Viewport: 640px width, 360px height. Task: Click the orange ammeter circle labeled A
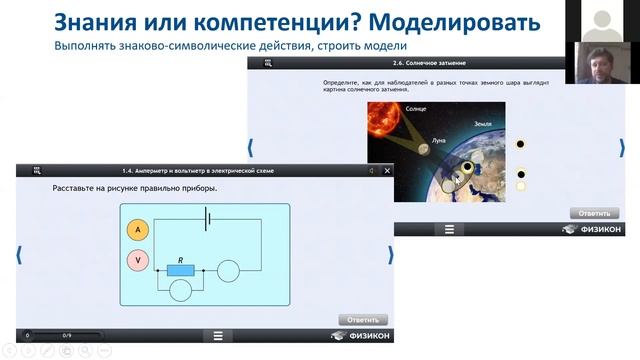pyautogui.click(x=138, y=230)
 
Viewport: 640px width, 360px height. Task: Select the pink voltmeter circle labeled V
pyautogui.click(x=138, y=261)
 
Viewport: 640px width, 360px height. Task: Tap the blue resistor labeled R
pyautogui.click(x=180, y=270)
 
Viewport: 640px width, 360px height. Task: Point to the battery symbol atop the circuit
pyautogui.click(x=207, y=218)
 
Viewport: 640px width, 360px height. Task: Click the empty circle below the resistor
pyautogui.click(x=180, y=290)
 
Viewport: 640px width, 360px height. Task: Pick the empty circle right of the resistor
pyautogui.click(x=228, y=270)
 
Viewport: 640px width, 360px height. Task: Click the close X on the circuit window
pyautogui.click(x=387, y=170)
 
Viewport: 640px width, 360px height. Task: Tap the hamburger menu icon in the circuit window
pyautogui.click(x=217, y=335)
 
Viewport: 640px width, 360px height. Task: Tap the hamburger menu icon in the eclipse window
pyautogui.click(x=449, y=229)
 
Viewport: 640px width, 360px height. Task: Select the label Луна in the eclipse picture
pyautogui.click(x=439, y=142)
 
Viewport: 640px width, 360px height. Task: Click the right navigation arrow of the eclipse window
pyautogui.click(x=622, y=147)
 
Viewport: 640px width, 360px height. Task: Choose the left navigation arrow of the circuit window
pyautogui.click(x=19, y=255)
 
